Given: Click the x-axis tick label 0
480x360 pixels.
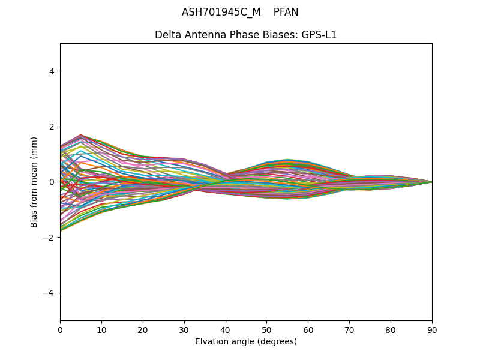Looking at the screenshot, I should [x=60, y=329].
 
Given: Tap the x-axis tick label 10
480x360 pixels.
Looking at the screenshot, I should [x=101, y=329].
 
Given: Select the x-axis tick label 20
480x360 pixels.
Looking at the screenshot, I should [x=143, y=329].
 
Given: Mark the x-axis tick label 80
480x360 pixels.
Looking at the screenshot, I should [x=391, y=329].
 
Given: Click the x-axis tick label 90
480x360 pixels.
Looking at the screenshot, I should [x=432, y=329].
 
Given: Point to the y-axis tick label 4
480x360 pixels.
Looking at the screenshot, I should [x=52, y=71].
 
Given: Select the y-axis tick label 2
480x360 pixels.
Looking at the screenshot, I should [x=52, y=127].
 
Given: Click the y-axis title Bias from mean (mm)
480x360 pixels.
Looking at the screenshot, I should [x=35, y=182].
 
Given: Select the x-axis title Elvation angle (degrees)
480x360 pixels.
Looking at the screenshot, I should [x=246, y=342].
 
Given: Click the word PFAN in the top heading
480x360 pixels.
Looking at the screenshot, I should [x=286, y=12].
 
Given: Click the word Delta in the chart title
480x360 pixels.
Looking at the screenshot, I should [x=167, y=35].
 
